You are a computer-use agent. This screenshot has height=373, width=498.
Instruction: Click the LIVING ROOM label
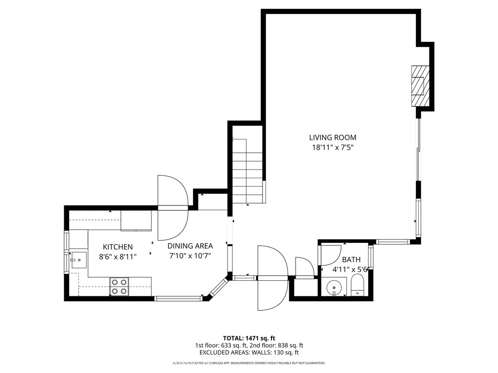tap(333, 137)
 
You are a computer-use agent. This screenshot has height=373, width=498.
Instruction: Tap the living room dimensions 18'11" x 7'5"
tap(333, 148)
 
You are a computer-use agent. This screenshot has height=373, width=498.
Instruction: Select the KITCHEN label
tap(118, 247)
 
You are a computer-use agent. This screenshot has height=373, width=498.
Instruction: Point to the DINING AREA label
tap(190, 246)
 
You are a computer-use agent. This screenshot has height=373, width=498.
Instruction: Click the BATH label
tap(351, 260)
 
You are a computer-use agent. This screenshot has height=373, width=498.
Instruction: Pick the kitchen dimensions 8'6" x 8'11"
tap(118, 256)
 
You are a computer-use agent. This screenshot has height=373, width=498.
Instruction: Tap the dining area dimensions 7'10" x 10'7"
tap(190, 255)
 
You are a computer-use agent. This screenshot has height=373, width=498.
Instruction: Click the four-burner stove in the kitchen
tap(120, 287)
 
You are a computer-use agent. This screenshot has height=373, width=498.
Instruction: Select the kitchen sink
tap(78, 260)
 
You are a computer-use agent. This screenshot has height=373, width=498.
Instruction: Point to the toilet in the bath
tap(357, 285)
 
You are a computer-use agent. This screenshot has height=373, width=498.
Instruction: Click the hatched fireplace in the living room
tap(420, 86)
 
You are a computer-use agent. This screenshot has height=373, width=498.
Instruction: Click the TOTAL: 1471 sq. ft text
tap(247, 338)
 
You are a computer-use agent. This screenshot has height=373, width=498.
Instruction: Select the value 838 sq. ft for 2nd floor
tap(290, 345)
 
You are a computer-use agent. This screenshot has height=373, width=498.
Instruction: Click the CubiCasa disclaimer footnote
tap(249, 363)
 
